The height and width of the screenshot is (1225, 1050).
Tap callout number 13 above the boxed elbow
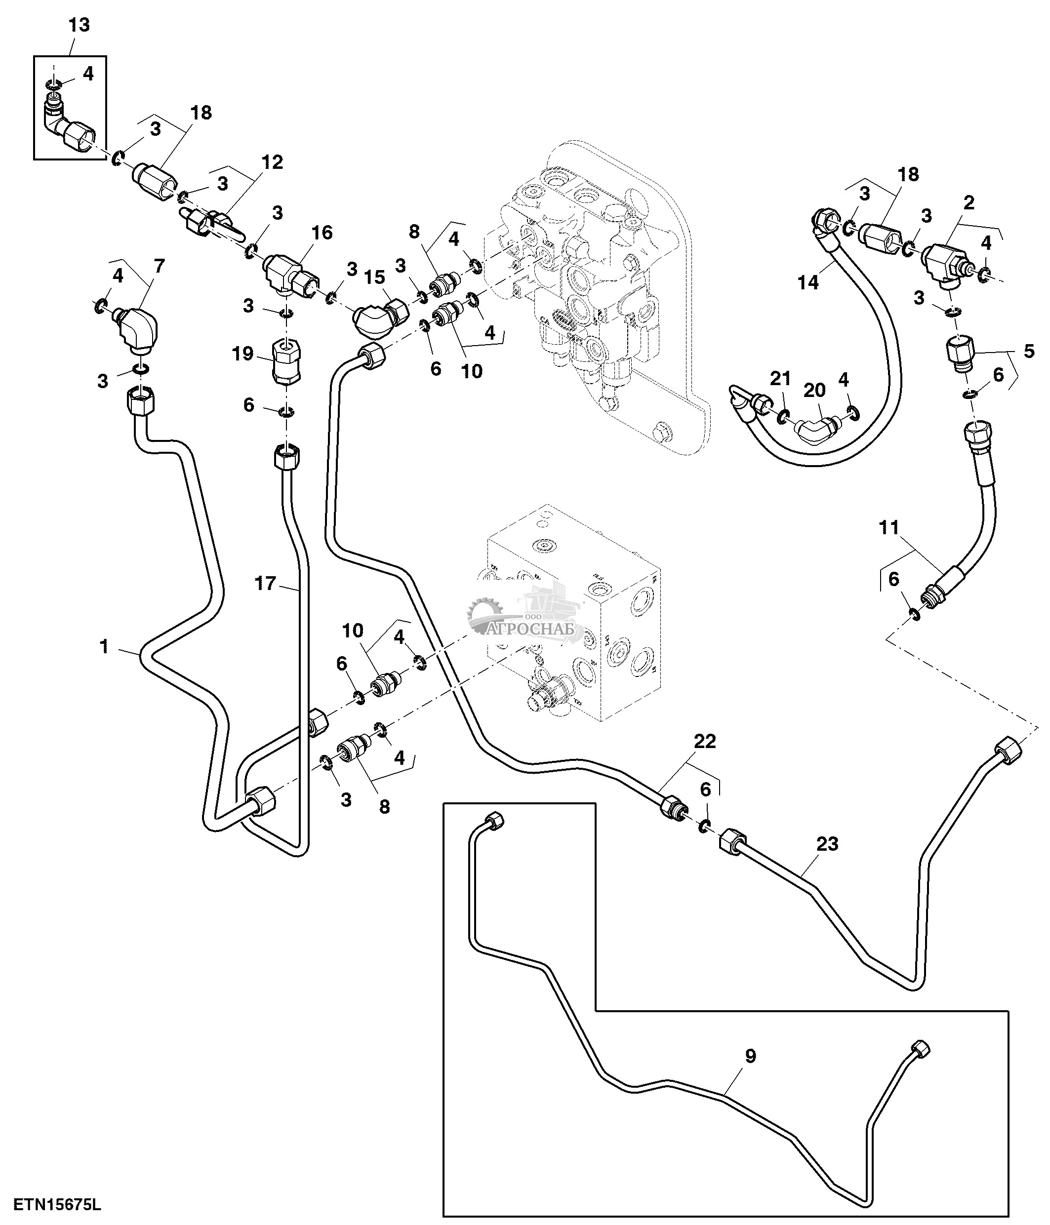point(79,25)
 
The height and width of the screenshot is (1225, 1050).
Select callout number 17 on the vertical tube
point(265,584)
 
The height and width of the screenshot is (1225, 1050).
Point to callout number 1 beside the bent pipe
point(104,647)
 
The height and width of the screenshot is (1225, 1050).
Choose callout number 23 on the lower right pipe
point(827,844)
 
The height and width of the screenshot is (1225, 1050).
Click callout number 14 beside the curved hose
point(808,282)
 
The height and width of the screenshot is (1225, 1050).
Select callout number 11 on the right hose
point(889,527)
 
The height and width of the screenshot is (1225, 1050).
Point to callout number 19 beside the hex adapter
point(242,354)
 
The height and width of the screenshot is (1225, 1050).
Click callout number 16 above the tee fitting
point(322,233)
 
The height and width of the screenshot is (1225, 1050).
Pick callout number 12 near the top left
point(273,162)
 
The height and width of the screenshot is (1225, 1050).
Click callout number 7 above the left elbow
point(159,266)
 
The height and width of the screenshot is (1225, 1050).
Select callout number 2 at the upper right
point(969,203)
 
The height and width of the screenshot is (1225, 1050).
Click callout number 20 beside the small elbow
point(814,390)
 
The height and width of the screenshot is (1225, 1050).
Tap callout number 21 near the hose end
point(780,378)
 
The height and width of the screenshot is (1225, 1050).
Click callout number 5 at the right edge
point(1029,351)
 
